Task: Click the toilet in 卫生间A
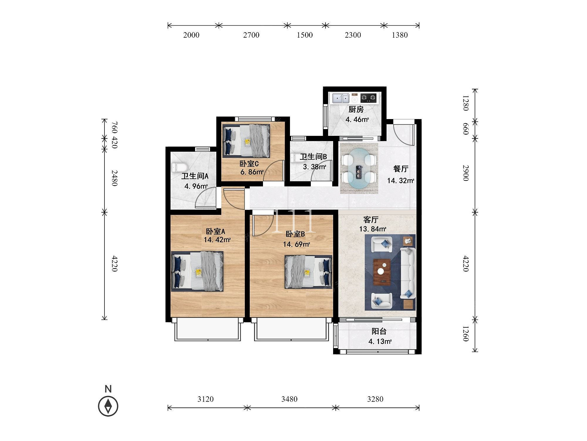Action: click(x=179, y=168)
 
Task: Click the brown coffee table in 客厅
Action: click(x=382, y=272)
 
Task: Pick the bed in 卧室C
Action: click(x=246, y=141)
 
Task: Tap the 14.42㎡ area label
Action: click(x=217, y=240)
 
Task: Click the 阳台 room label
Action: click(x=379, y=331)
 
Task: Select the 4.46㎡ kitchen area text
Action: click(x=357, y=119)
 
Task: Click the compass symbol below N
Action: click(x=108, y=406)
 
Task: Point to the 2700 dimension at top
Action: click(x=251, y=35)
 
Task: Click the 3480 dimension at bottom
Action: click(x=289, y=399)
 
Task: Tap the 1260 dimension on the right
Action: click(x=465, y=333)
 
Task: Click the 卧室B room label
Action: click(x=296, y=234)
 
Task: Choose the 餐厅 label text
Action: click(x=401, y=169)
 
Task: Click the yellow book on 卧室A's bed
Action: click(x=198, y=273)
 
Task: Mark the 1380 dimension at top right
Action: click(x=400, y=35)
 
